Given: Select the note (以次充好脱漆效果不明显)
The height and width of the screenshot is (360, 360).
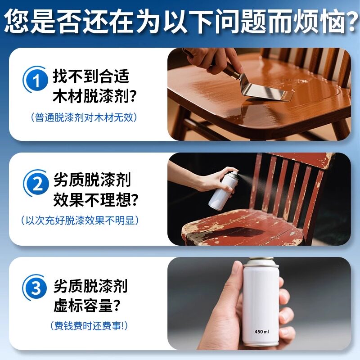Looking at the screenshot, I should click(x=79, y=220).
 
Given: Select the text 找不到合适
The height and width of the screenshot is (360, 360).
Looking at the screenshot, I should click(x=91, y=75).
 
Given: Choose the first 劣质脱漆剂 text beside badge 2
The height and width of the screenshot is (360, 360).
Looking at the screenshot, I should click(x=92, y=180).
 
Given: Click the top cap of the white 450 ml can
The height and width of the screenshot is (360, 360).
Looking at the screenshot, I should click(x=261, y=262).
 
